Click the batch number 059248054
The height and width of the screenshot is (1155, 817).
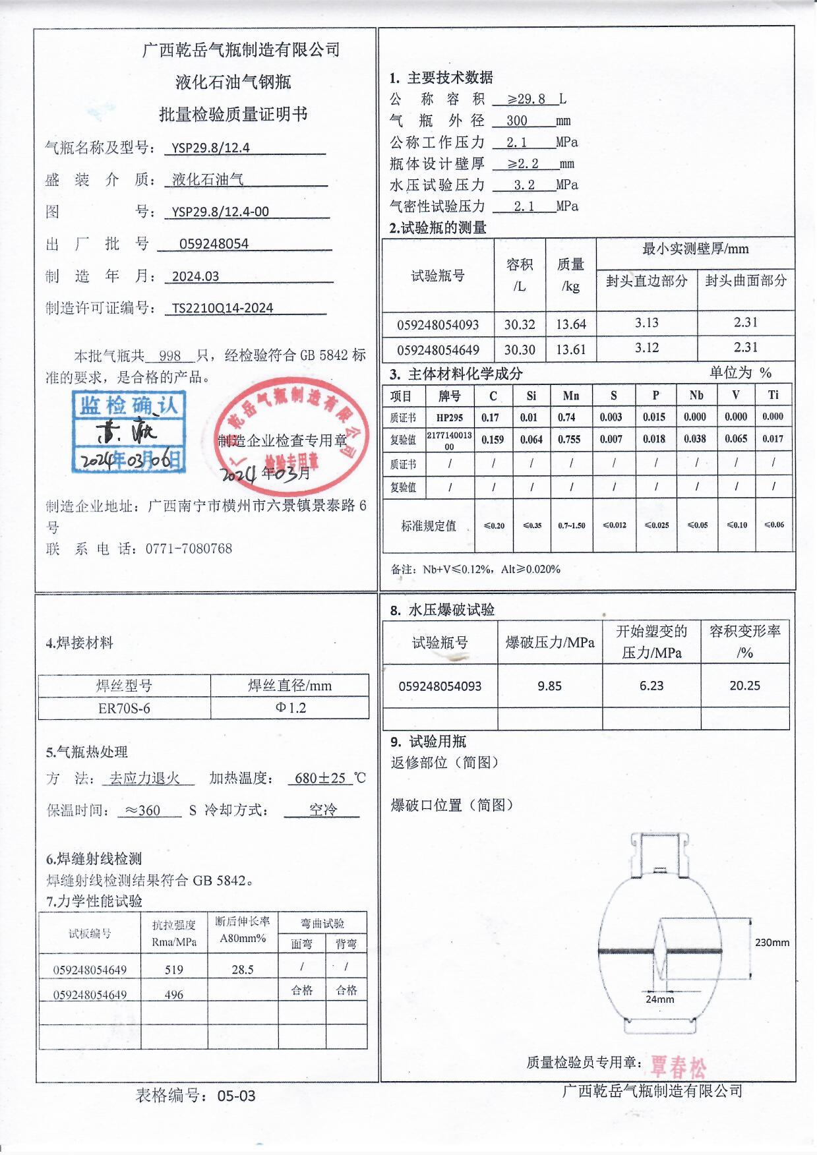214,244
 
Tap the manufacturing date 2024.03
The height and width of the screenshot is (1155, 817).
195,276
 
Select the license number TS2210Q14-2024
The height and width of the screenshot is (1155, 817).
222,308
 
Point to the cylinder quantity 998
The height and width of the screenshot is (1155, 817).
169,356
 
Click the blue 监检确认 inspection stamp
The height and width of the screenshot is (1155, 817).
129,432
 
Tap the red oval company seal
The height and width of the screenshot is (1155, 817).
290,435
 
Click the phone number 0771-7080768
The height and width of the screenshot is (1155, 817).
189,548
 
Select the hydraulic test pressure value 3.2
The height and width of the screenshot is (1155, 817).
524,185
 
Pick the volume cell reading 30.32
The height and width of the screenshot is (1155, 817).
520,324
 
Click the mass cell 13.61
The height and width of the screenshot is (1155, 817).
570,349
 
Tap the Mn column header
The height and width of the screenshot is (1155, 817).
571,396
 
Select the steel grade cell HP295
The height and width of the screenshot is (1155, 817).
450,417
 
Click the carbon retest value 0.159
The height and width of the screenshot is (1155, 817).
493,440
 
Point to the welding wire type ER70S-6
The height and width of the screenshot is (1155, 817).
124,709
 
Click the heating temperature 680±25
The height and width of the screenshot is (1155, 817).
320,779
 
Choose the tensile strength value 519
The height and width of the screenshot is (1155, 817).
174,970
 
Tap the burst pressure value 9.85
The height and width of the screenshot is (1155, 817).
549,686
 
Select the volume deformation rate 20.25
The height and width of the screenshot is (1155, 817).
744,686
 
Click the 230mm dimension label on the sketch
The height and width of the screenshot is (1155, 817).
772,943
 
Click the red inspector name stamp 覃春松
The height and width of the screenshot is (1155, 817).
678,1066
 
